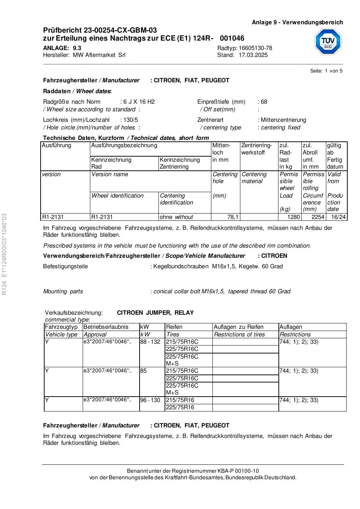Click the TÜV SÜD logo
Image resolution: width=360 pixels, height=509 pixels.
[328, 41]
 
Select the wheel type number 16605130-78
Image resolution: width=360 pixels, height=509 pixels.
[255, 48]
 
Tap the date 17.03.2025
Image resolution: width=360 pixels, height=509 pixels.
[253, 55]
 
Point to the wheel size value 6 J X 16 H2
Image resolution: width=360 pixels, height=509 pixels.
[139, 102]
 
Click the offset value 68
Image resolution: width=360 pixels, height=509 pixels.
[264, 102]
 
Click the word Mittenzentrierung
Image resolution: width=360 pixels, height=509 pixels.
[284, 120]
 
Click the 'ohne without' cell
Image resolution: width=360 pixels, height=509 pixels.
[177, 217]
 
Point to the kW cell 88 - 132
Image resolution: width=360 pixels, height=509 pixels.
[150, 342]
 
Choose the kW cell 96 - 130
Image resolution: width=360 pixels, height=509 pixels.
[150, 400]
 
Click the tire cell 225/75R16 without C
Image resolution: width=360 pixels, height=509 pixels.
[180, 407]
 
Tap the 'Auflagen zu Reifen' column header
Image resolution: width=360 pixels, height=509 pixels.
[239, 327]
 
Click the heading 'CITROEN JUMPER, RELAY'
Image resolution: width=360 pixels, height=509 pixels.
[155, 313]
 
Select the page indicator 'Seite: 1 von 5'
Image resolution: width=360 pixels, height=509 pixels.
[326, 71]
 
